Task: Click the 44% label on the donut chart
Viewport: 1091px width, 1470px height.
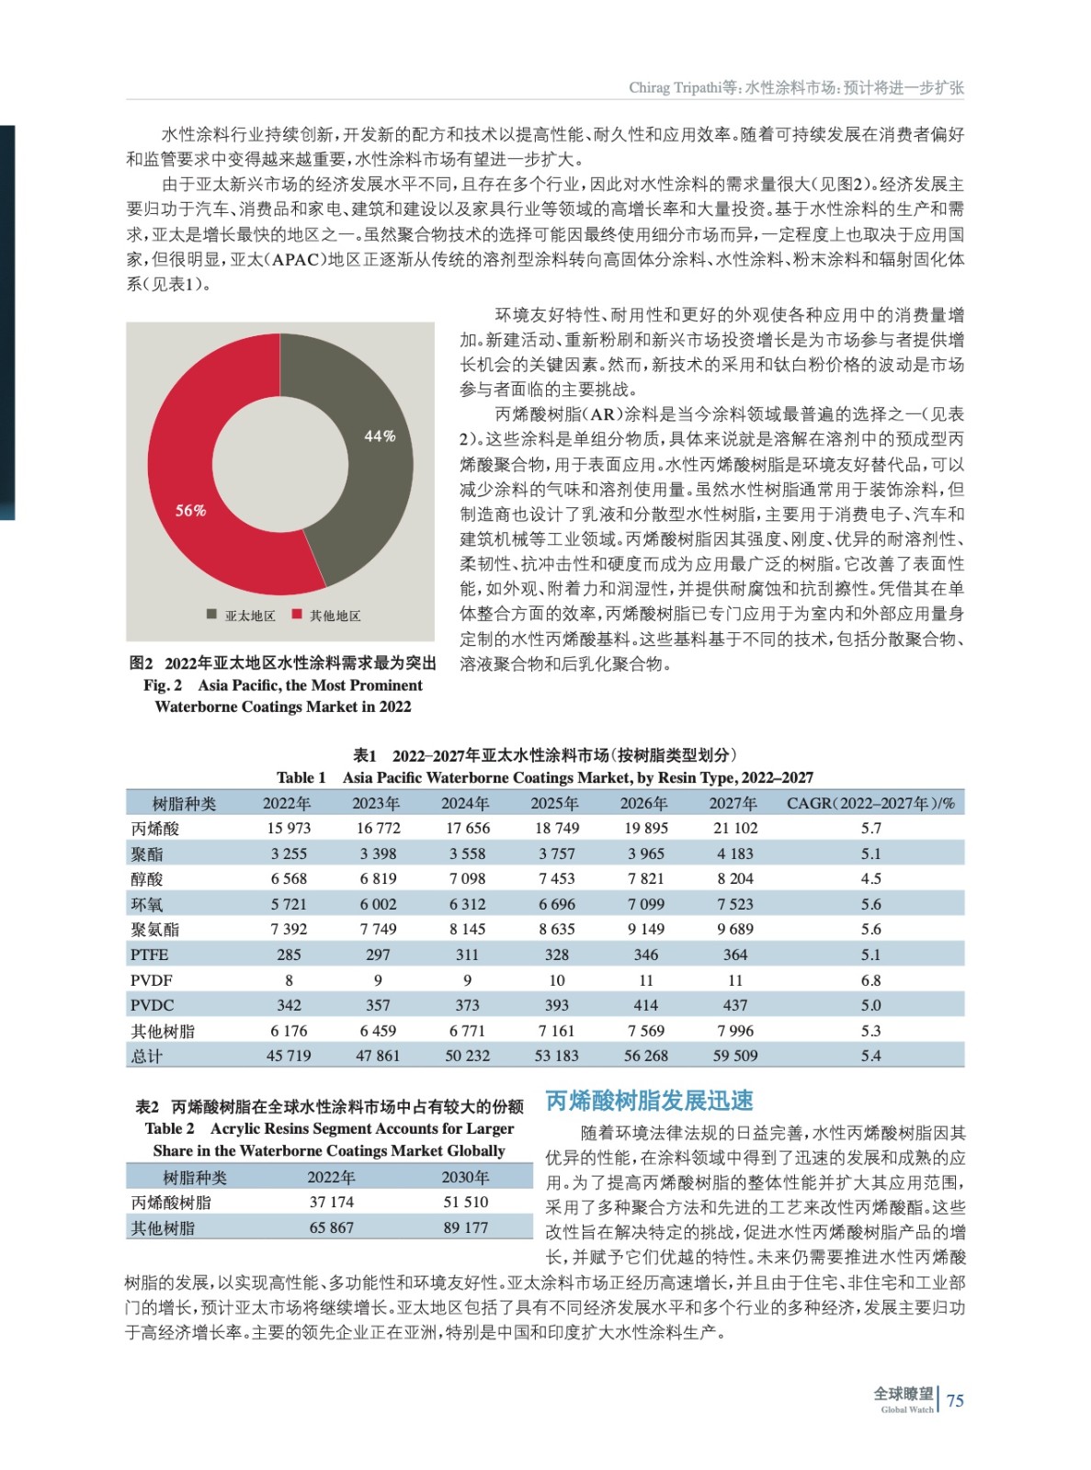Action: click(380, 436)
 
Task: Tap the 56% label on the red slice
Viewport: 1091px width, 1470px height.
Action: click(191, 510)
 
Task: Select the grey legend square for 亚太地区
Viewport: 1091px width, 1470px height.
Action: click(212, 614)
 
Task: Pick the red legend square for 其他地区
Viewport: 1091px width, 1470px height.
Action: click(297, 614)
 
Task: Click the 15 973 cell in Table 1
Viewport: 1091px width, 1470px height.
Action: click(289, 828)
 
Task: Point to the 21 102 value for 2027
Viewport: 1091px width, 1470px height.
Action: click(735, 828)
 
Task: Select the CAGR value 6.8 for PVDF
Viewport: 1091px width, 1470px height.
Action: click(870, 980)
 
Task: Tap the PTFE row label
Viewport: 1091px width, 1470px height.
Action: click(149, 955)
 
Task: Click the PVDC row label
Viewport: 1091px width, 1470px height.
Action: click(152, 1005)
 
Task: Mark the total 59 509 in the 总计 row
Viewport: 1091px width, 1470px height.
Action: click(735, 1056)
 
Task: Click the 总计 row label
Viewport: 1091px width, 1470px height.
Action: click(147, 1056)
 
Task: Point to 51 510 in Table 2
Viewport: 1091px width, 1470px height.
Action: click(466, 1202)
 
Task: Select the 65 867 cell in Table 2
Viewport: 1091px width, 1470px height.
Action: click(331, 1227)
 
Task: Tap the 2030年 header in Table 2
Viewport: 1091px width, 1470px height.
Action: click(465, 1177)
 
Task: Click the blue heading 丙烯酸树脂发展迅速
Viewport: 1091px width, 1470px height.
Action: click(650, 1101)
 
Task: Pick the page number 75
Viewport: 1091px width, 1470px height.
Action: click(955, 1400)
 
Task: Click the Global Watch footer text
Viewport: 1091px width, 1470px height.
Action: click(906, 1409)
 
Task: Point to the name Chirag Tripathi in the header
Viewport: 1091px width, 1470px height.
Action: click(675, 87)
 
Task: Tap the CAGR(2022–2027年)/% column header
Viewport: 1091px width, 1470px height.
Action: click(870, 803)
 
